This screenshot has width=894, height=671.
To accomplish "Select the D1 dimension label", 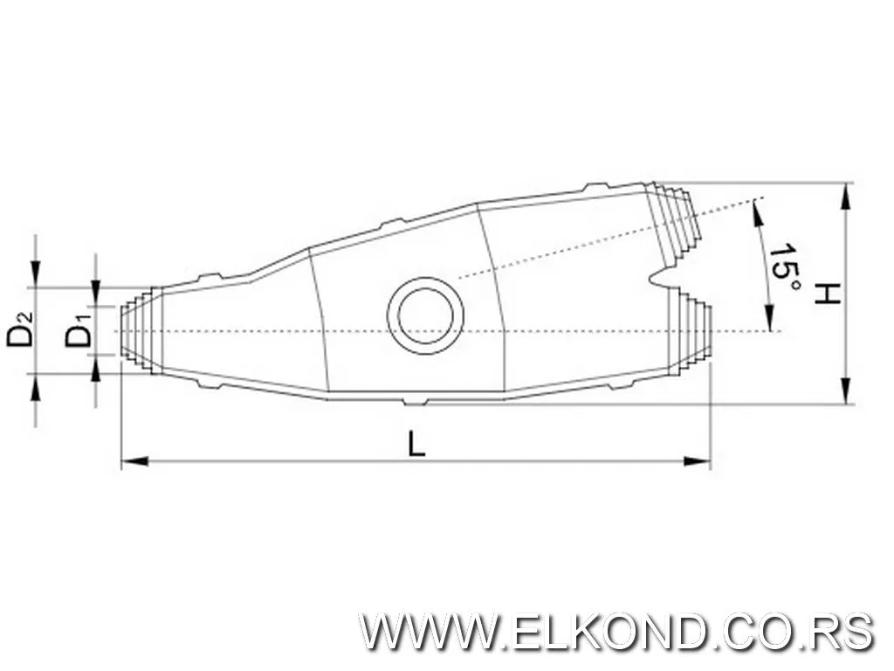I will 79,334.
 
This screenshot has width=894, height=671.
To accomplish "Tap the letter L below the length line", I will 417,445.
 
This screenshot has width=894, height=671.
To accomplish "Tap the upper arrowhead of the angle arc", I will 756,211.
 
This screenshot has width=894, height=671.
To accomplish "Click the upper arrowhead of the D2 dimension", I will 35,276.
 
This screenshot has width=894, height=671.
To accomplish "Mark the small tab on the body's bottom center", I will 416,402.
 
